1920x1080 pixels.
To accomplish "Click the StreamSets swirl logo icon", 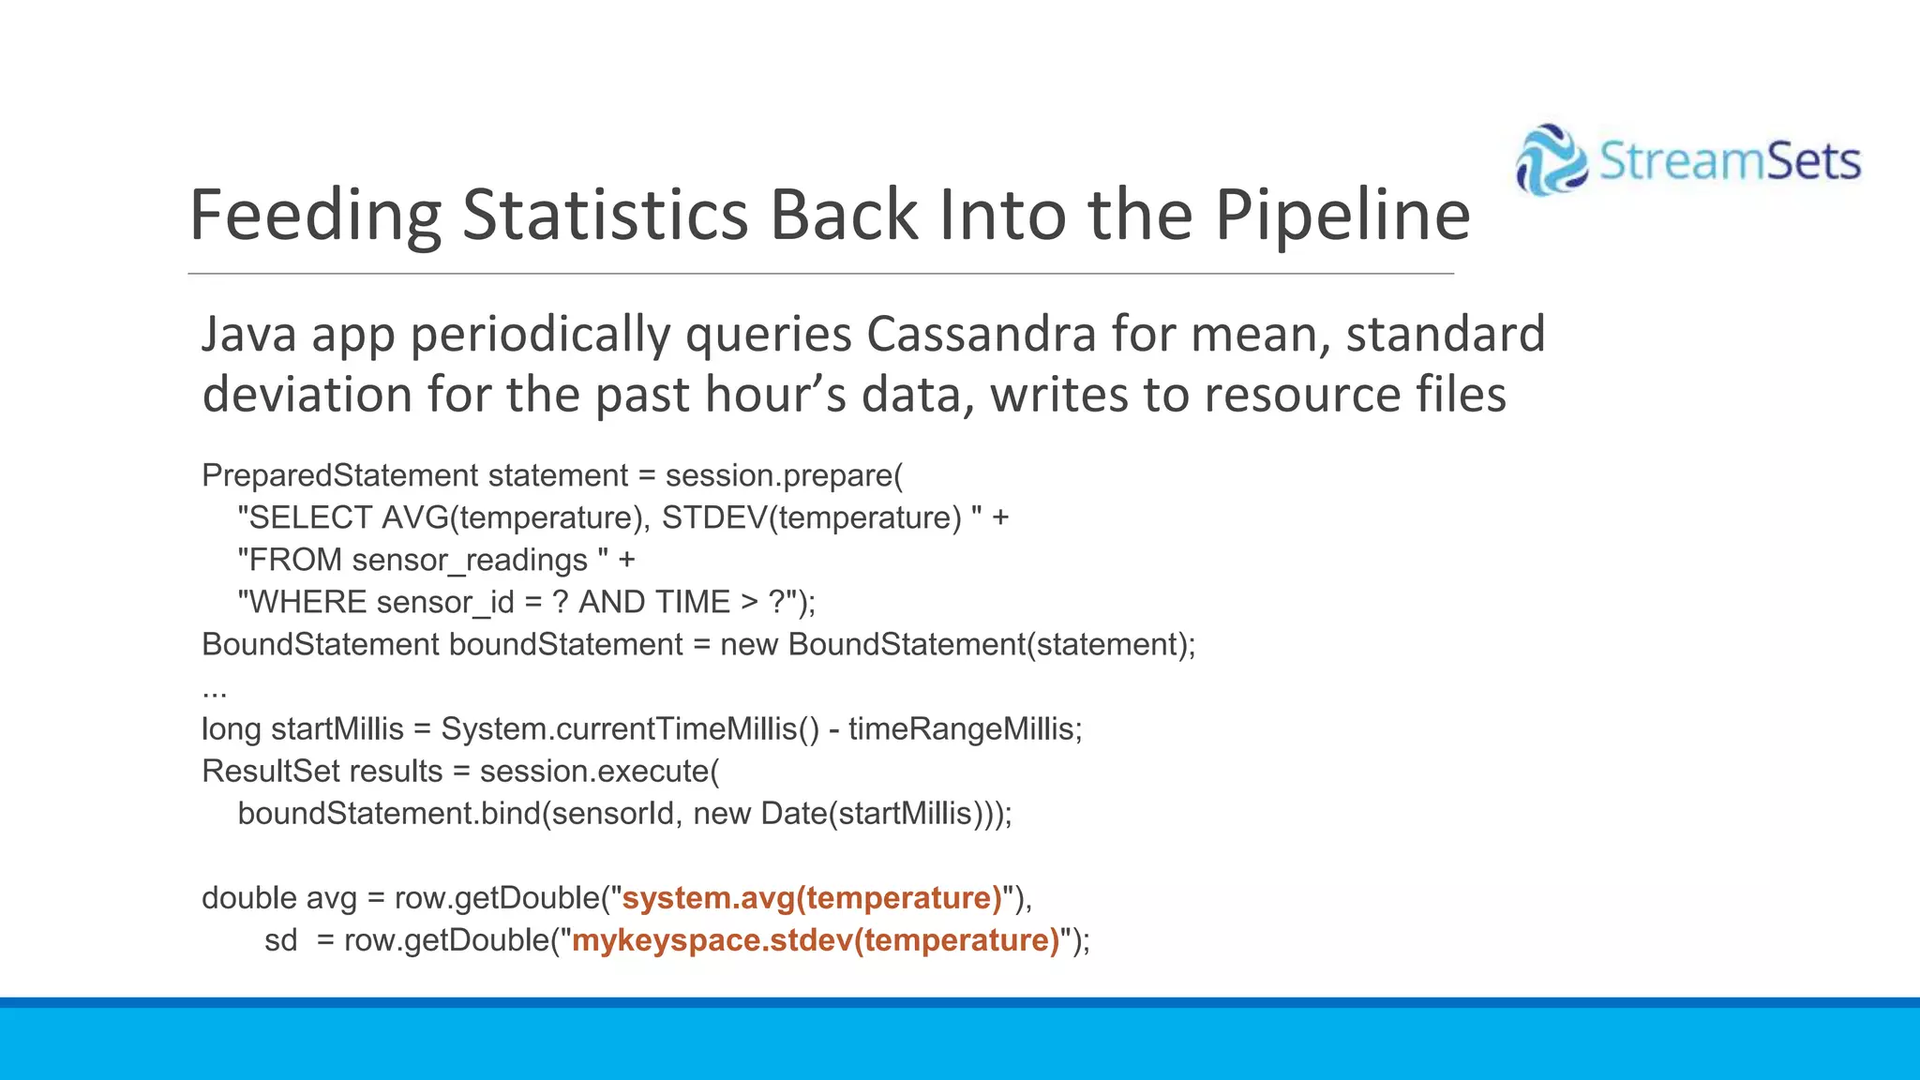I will pos(1552,160).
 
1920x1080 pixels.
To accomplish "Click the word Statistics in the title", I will pos(605,215).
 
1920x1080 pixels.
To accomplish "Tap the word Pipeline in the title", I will pos(1342,215).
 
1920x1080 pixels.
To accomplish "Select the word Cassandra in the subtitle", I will pos(981,335).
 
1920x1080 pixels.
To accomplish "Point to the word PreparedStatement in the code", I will pos(339,475).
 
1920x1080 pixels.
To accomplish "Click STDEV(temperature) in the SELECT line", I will pos(812,517).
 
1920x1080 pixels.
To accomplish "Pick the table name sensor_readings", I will pos(470,561).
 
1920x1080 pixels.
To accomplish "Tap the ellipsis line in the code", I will pos(215,692).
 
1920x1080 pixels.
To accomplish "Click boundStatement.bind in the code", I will pos(389,813).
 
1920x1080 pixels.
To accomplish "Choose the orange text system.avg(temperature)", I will pos(812,898).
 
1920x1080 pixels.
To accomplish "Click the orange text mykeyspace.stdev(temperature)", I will pos(816,940).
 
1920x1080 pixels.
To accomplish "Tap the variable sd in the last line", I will pos(280,940).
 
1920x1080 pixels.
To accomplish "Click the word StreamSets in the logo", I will pos(1730,160).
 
